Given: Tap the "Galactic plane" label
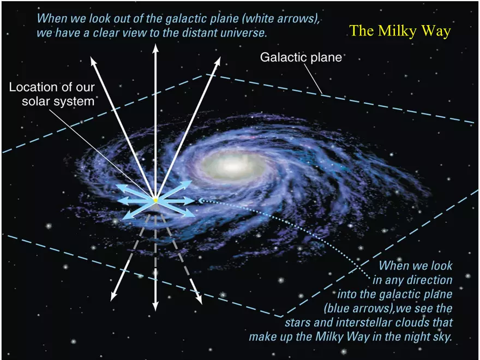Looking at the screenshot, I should click(x=301, y=57).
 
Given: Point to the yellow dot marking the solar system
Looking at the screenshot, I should click(x=155, y=201).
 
